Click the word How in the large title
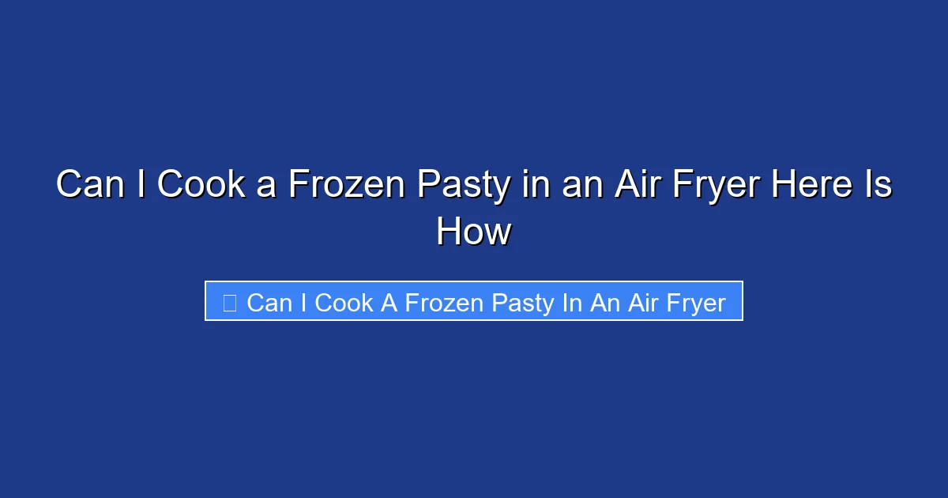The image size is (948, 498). [474, 232]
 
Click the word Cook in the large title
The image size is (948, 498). [201, 185]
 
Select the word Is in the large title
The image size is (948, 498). [877, 185]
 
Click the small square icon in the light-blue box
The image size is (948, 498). [229, 302]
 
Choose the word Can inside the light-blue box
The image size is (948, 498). [269, 302]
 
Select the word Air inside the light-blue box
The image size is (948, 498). [644, 302]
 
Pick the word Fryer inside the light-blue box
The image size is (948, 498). [696, 302]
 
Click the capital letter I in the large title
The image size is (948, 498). [145, 185]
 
